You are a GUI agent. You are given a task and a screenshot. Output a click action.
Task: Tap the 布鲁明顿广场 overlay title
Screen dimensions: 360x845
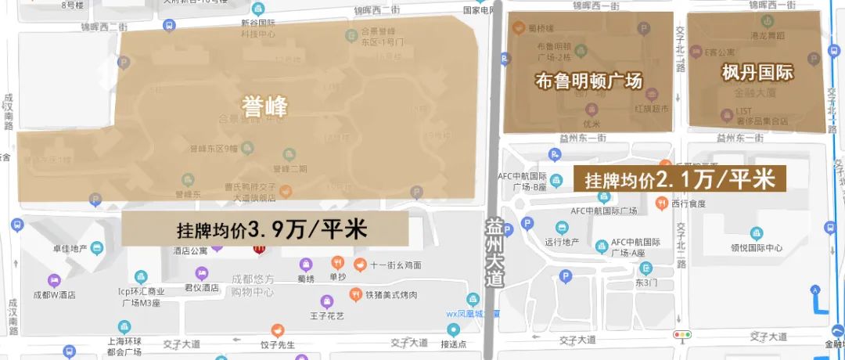pyautogui.click(x=588, y=80)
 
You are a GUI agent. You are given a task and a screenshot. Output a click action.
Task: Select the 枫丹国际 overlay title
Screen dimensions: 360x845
pyautogui.click(x=757, y=73)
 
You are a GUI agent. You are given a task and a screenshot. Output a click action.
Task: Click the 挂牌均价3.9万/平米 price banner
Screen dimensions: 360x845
pyautogui.click(x=265, y=231)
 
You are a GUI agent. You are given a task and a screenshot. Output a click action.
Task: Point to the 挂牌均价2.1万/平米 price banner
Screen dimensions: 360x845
pyautogui.click(x=679, y=179)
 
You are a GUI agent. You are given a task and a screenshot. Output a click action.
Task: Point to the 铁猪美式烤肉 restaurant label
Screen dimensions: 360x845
pyautogui.click(x=391, y=295)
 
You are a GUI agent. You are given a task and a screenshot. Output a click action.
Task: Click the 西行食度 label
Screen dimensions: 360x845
pyautogui.click(x=689, y=203)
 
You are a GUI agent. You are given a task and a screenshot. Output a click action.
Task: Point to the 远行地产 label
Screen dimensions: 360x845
pyautogui.click(x=560, y=242)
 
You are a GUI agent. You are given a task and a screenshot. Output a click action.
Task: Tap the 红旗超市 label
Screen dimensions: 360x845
pyautogui.click(x=651, y=108)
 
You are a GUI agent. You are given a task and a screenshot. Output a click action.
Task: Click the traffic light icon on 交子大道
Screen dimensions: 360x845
pyautogui.click(x=682, y=335)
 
